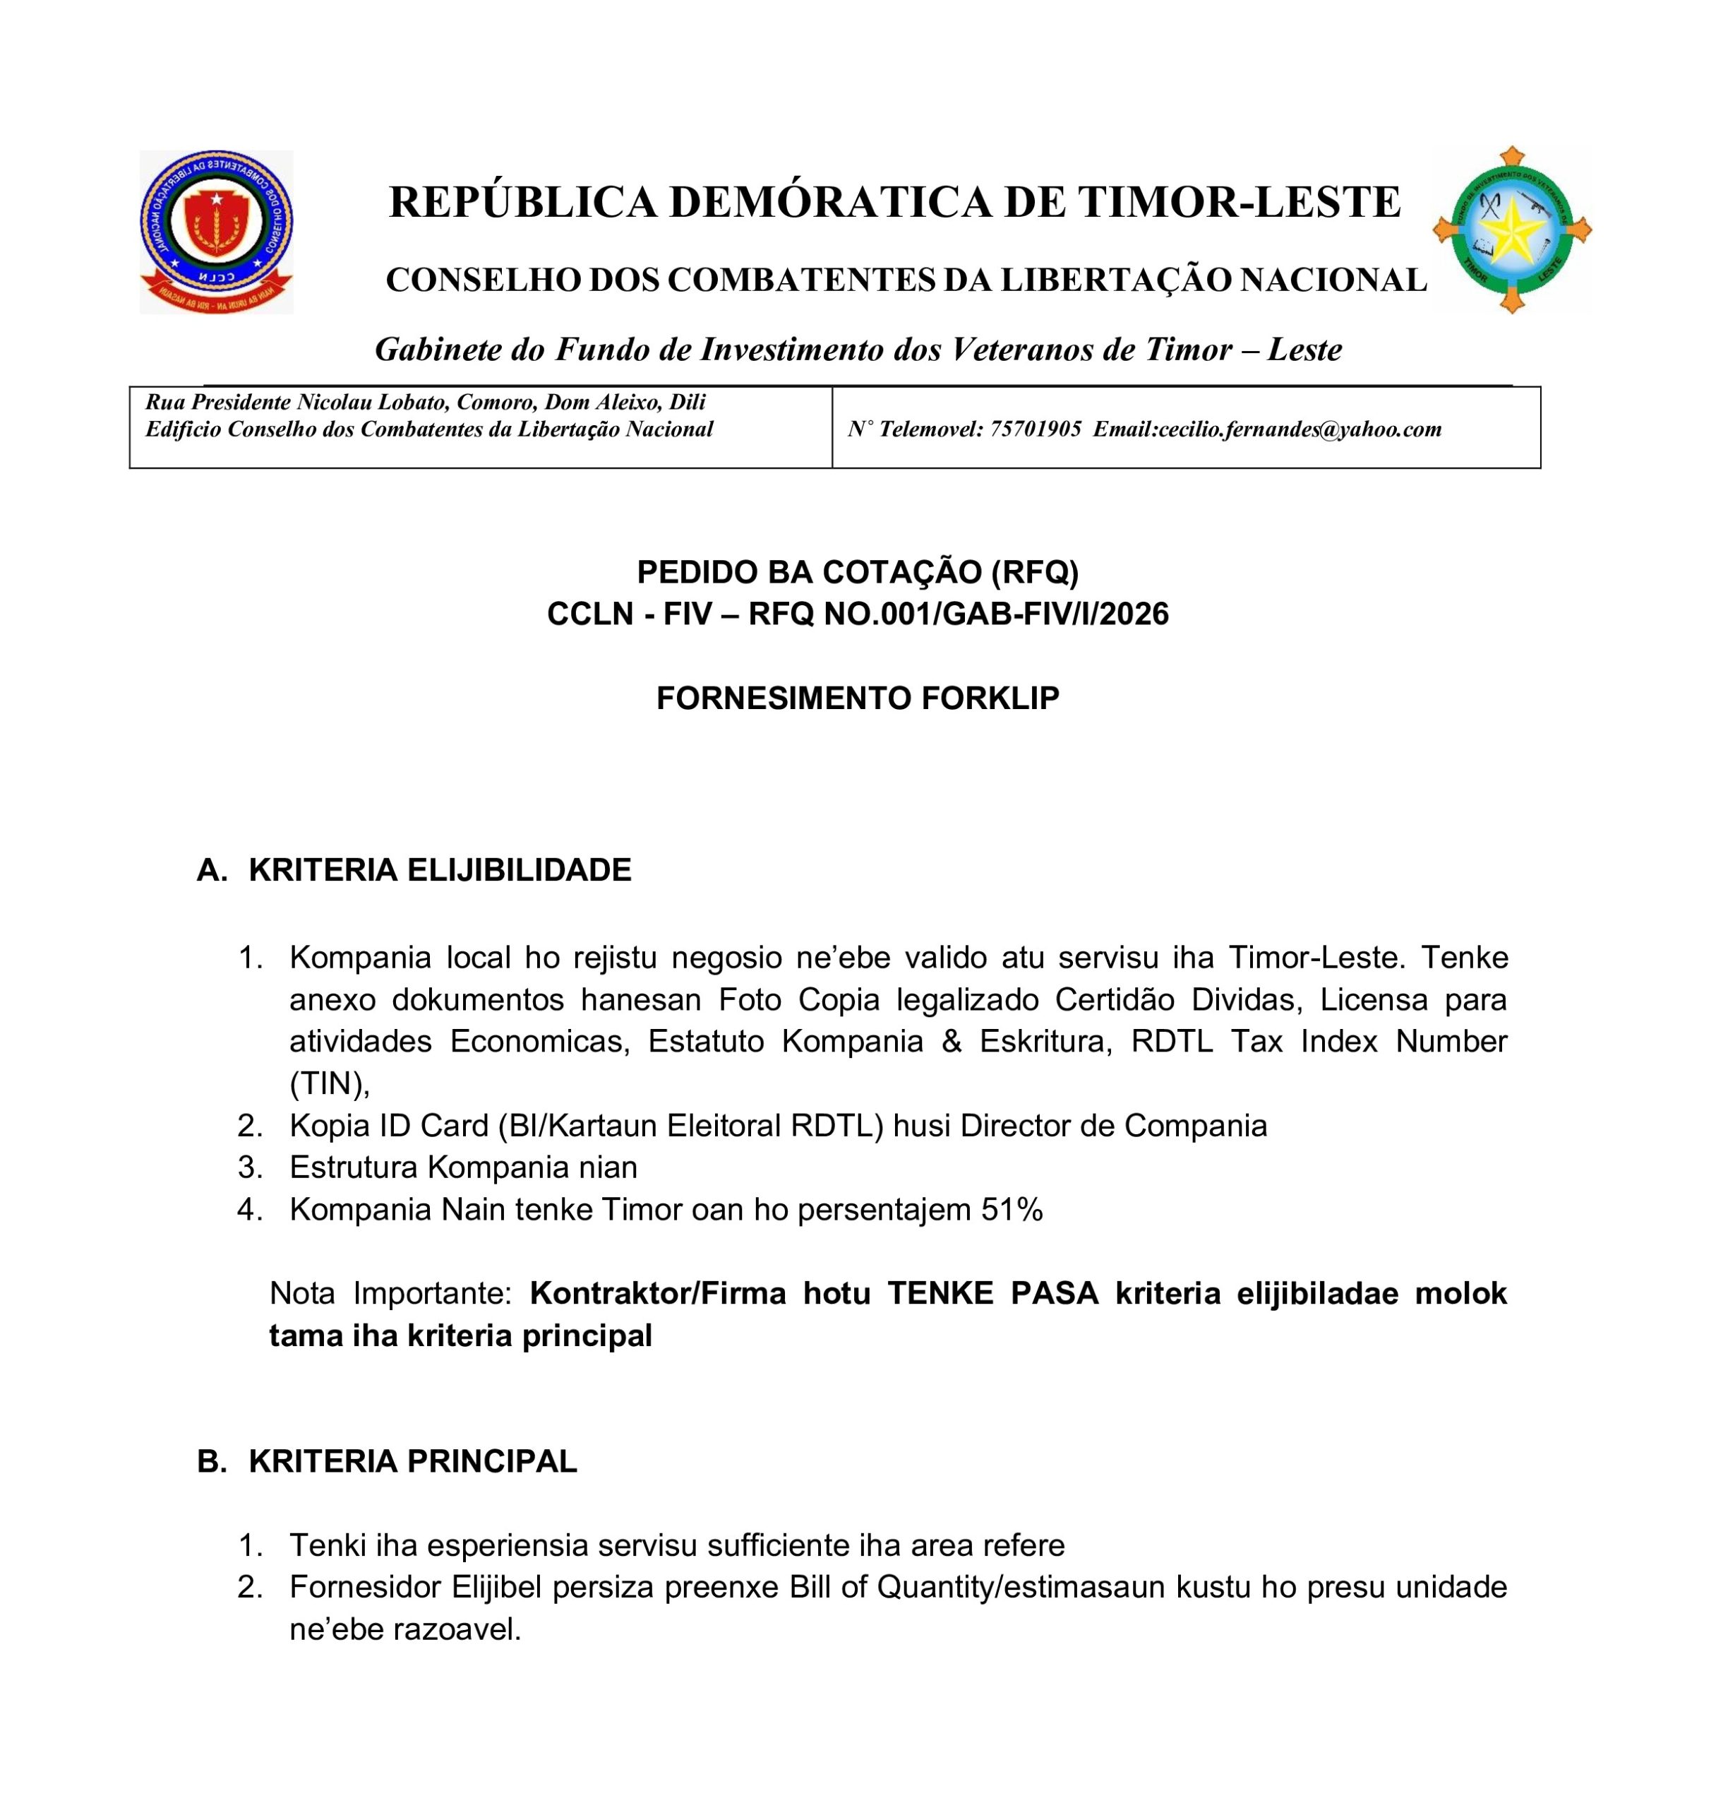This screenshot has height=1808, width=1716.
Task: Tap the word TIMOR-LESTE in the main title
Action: point(1239,202)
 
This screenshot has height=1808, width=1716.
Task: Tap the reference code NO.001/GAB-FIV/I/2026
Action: point(996,614)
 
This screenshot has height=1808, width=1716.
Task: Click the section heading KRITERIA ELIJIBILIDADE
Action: point(439,870)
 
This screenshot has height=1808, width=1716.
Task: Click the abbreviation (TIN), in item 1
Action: point(330,1084)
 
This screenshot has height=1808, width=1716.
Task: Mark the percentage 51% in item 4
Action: point(1012,1211)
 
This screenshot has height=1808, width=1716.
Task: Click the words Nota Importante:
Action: point(390,1294)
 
